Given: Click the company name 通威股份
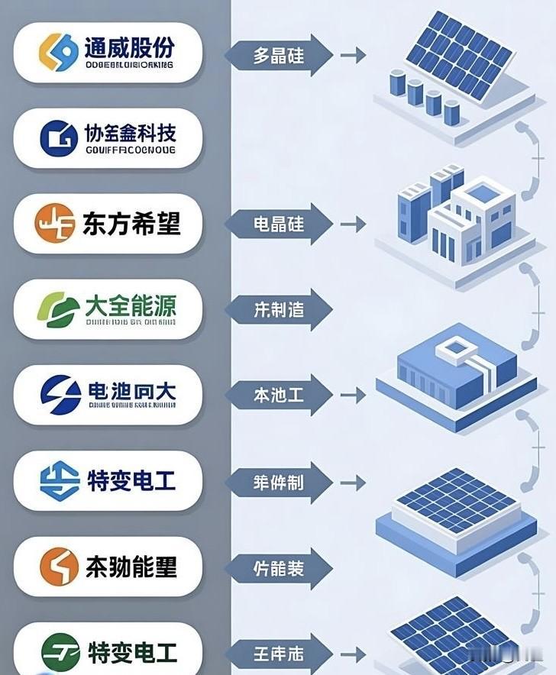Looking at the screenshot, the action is point(129,47).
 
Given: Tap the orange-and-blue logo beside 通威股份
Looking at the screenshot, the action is point(59,52).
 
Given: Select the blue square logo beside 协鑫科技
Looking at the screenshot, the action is point(59,138).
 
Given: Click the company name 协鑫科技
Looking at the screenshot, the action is point(129,134).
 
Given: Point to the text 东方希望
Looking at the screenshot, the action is point(131,223).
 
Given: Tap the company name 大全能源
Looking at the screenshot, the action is point(131,306).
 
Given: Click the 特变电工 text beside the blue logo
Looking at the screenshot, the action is point(132,481).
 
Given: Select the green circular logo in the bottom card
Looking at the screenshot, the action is point(59,653).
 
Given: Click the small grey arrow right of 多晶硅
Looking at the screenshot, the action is point(352,56).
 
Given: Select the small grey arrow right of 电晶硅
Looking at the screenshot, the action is point(352,224).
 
